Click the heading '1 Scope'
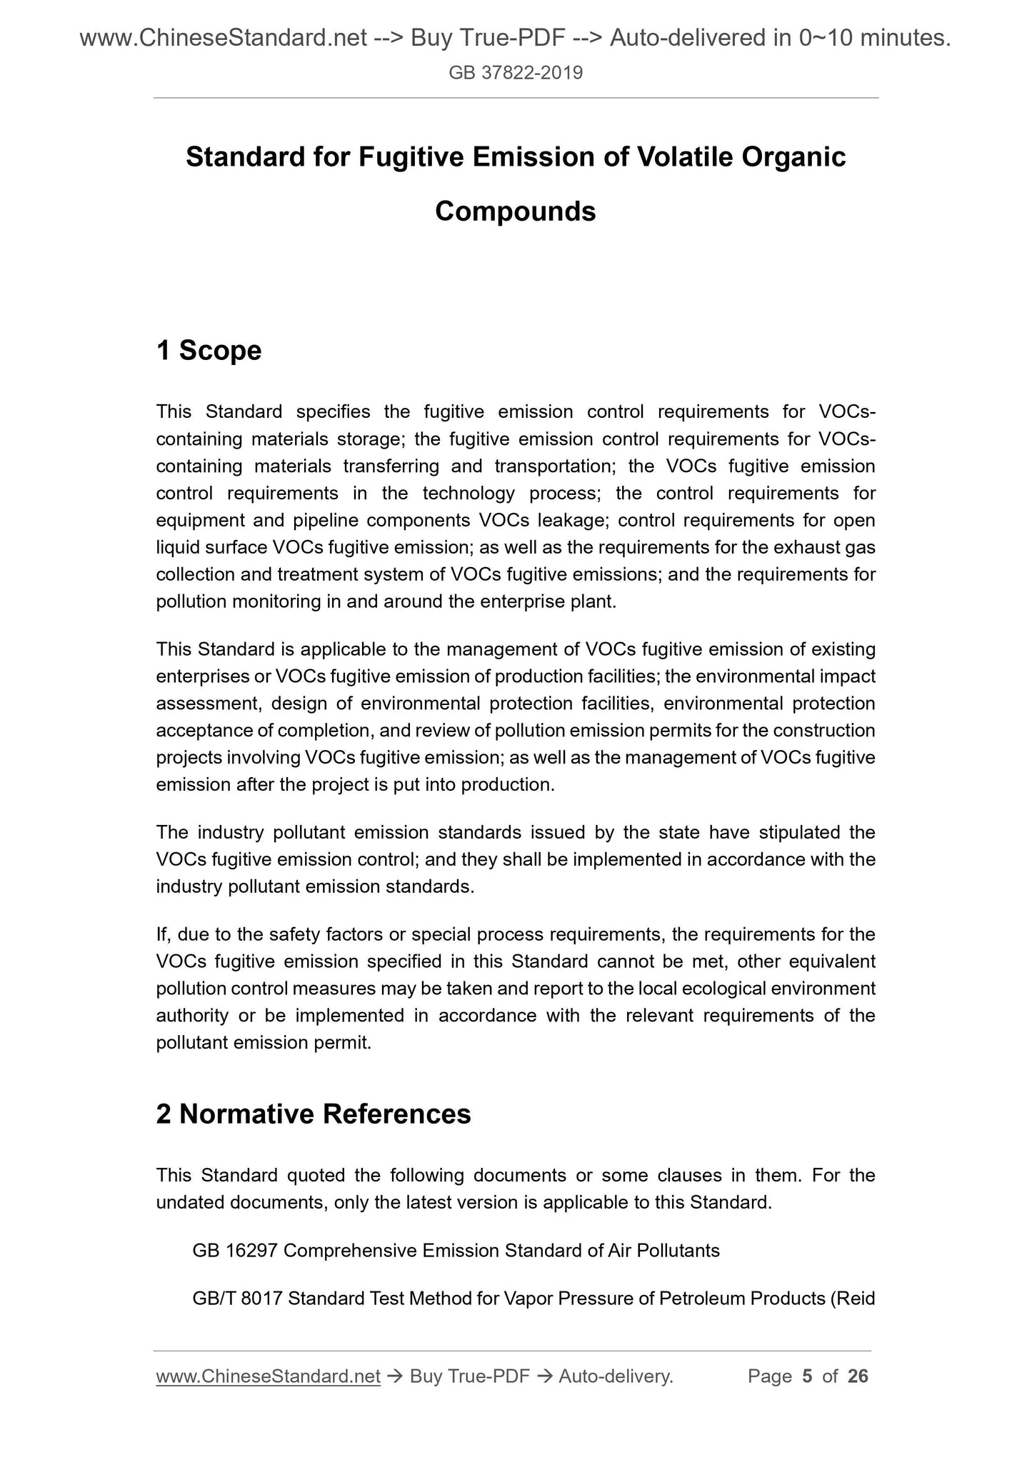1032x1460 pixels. point(209,351)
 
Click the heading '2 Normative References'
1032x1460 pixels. point(314,1114)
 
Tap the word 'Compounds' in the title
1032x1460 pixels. point(515,211)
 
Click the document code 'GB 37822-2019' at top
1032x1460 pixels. point(516,72)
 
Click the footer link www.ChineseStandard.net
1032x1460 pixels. point(268,1376)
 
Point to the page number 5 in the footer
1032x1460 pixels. point(807,1376)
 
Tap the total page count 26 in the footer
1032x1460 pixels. point(857,1376)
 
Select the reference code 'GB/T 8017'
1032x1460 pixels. point(237,1298)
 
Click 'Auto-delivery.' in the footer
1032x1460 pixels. point(616,1376)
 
